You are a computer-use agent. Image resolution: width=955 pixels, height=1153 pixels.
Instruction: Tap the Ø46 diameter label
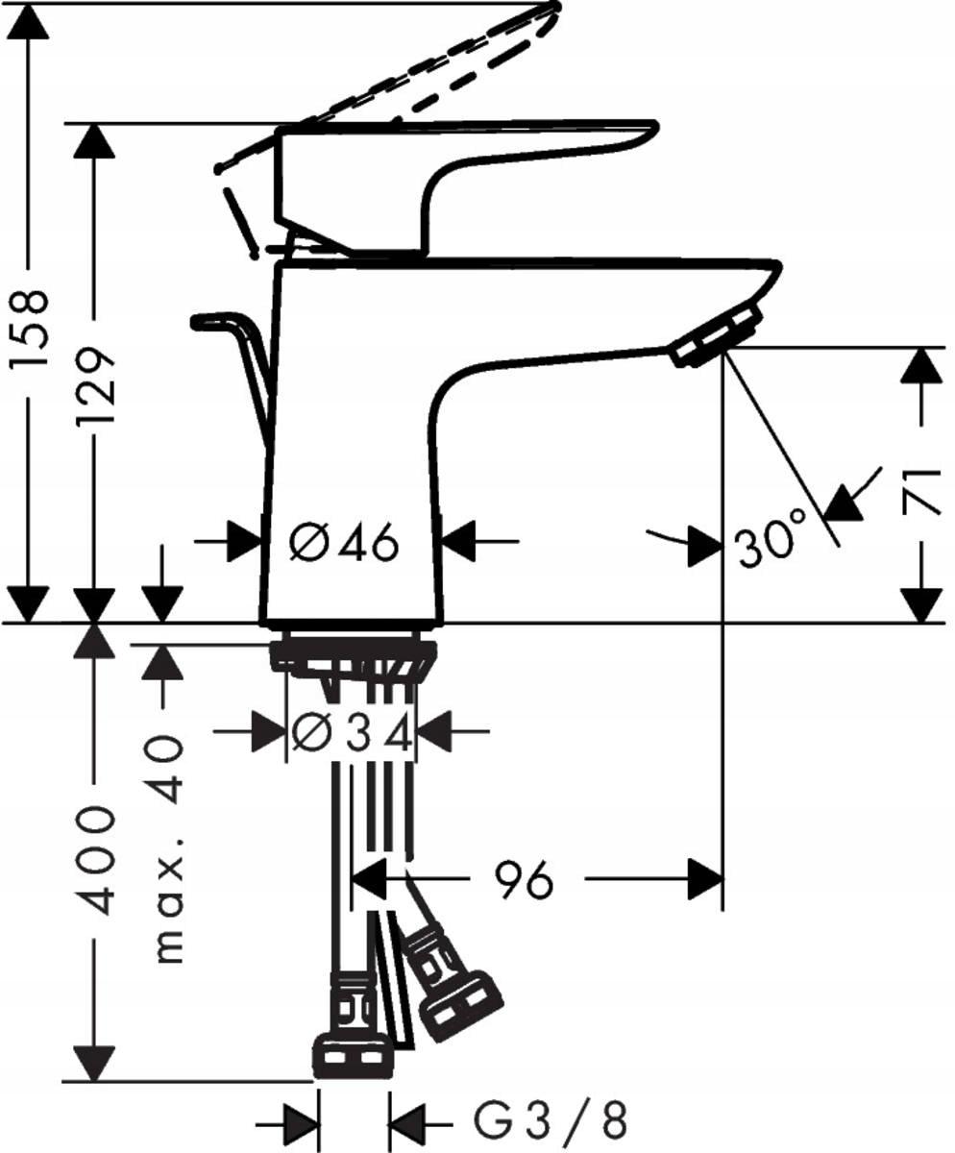point(343,545)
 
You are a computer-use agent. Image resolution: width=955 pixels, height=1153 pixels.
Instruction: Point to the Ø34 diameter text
point(352,735)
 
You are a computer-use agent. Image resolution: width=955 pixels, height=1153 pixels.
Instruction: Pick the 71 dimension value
point(922,490)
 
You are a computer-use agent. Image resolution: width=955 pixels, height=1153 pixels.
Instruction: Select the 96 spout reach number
point(524,880)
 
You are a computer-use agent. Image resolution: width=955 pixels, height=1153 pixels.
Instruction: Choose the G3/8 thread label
point(551,1120)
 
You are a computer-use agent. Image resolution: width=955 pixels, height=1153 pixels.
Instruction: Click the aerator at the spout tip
point(717,336)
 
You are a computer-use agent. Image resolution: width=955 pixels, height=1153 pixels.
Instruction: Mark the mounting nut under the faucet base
point(352,657)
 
